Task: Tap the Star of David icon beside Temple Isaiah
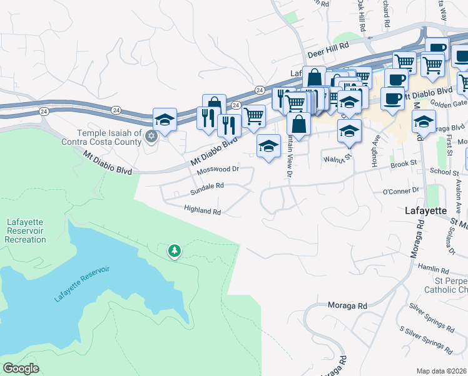click(150, 135)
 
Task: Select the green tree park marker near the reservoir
click(174, 251)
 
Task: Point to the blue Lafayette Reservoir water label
click(81, 284)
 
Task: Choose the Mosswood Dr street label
click(218, 170)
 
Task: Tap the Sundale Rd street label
click(207, 186)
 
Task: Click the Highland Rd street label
click(203, 211)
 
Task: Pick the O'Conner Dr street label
click(400, 189)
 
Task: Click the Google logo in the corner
click(21, 368)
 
